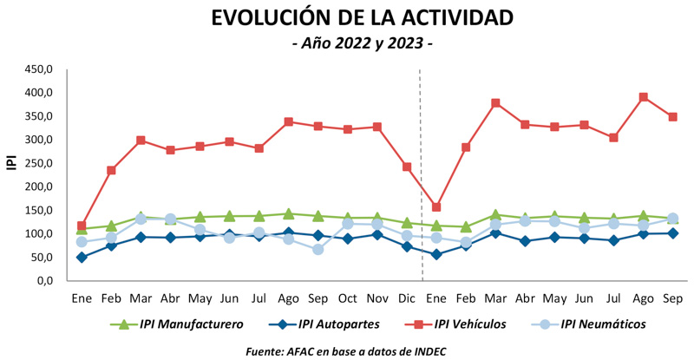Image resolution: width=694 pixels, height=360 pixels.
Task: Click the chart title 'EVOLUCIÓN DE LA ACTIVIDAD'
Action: (363, 17)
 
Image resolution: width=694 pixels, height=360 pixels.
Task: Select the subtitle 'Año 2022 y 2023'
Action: (363, 43)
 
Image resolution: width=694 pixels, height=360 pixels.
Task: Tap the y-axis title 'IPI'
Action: (11, 161)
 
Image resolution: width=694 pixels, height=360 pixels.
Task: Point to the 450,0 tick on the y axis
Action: (39, 69)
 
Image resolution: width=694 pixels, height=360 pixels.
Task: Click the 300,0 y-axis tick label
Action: (39, 140)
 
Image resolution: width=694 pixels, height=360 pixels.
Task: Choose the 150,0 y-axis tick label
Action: (39, 211)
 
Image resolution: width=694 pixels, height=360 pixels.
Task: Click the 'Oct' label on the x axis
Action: (347, 298)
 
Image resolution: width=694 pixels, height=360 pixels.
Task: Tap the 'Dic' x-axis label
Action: (406, 298)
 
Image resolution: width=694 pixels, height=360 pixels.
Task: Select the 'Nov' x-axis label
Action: (376, 298)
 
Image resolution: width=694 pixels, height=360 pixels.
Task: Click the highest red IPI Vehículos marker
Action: (643, 97)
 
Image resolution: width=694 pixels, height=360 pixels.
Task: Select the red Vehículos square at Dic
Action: (407, 167)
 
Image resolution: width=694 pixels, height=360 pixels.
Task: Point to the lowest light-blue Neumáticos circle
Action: (318, 250)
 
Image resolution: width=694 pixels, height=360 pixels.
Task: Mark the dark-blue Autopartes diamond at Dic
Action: (407, 246)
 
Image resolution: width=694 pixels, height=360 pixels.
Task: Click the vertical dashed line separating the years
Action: (422, 173)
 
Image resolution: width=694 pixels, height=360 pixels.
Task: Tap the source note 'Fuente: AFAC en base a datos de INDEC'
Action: (363, 350)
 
